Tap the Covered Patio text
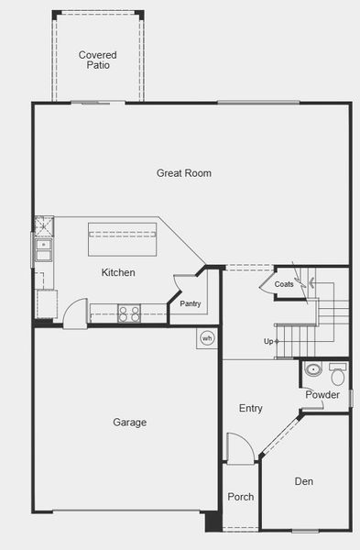point(97,60)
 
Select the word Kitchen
point(118,272)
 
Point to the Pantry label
point(191,303)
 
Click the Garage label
point(130,423)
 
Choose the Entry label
point(251,408)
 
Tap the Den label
point(304,481)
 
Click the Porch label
point(241,497)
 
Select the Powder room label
point(322,395)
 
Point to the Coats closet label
point(284,284)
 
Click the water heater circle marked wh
point(207,337)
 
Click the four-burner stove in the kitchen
point(129,313)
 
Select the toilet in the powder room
point(337,375)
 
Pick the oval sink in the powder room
point(313,371)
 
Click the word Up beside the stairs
point(268,341)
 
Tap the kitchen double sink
point(42,245)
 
